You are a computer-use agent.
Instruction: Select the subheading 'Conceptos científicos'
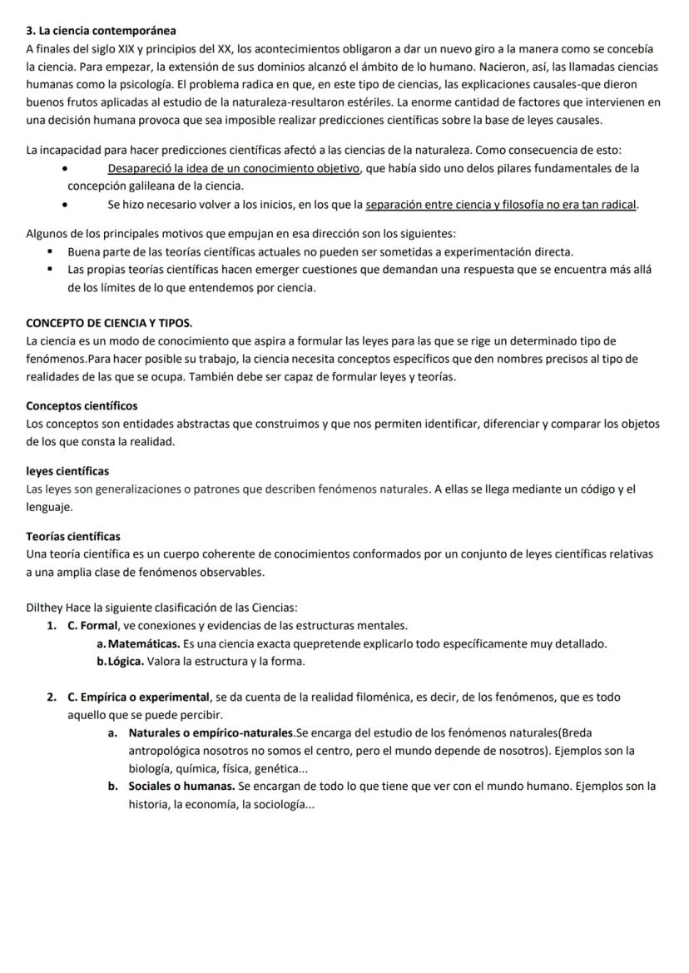82,406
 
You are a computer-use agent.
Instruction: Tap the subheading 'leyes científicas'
67,471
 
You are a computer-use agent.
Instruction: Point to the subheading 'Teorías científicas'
73,536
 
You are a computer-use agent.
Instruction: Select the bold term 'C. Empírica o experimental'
138,697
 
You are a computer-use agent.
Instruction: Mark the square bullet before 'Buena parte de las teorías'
51,252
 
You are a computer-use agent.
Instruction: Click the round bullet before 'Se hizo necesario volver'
66,206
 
